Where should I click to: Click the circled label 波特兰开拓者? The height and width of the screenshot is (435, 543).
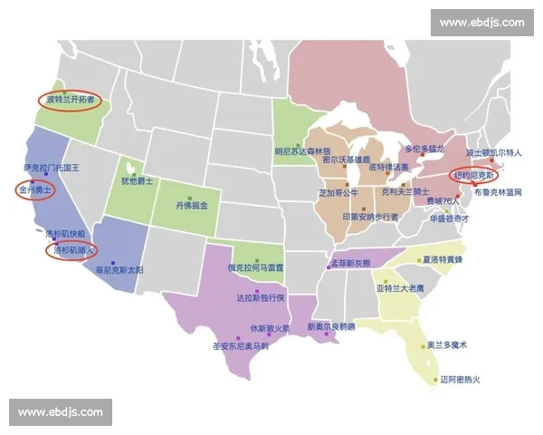pyautogui.click(x=70, y=99)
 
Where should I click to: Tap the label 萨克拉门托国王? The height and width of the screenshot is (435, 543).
pyautogui.click(x=52, y=168)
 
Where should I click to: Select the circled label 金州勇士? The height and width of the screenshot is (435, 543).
pyautogui.click(x=35, y=191)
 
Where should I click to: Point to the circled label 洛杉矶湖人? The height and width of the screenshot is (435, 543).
pyautogui.click(x=71, y=250)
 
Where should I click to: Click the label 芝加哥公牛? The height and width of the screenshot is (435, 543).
pyautogui.click(x=338, y=193)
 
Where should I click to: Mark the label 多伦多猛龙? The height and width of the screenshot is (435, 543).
pyautogui.click(x=424, y=148)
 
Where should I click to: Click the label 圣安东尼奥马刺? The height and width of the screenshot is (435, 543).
pyautogui.click(x=240, y=345)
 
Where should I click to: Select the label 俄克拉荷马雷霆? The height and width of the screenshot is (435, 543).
pyautogui.click(x=255, y=268)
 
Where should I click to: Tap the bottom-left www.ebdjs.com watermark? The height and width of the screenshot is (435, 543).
pyautogui.click(x=61, y=412)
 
